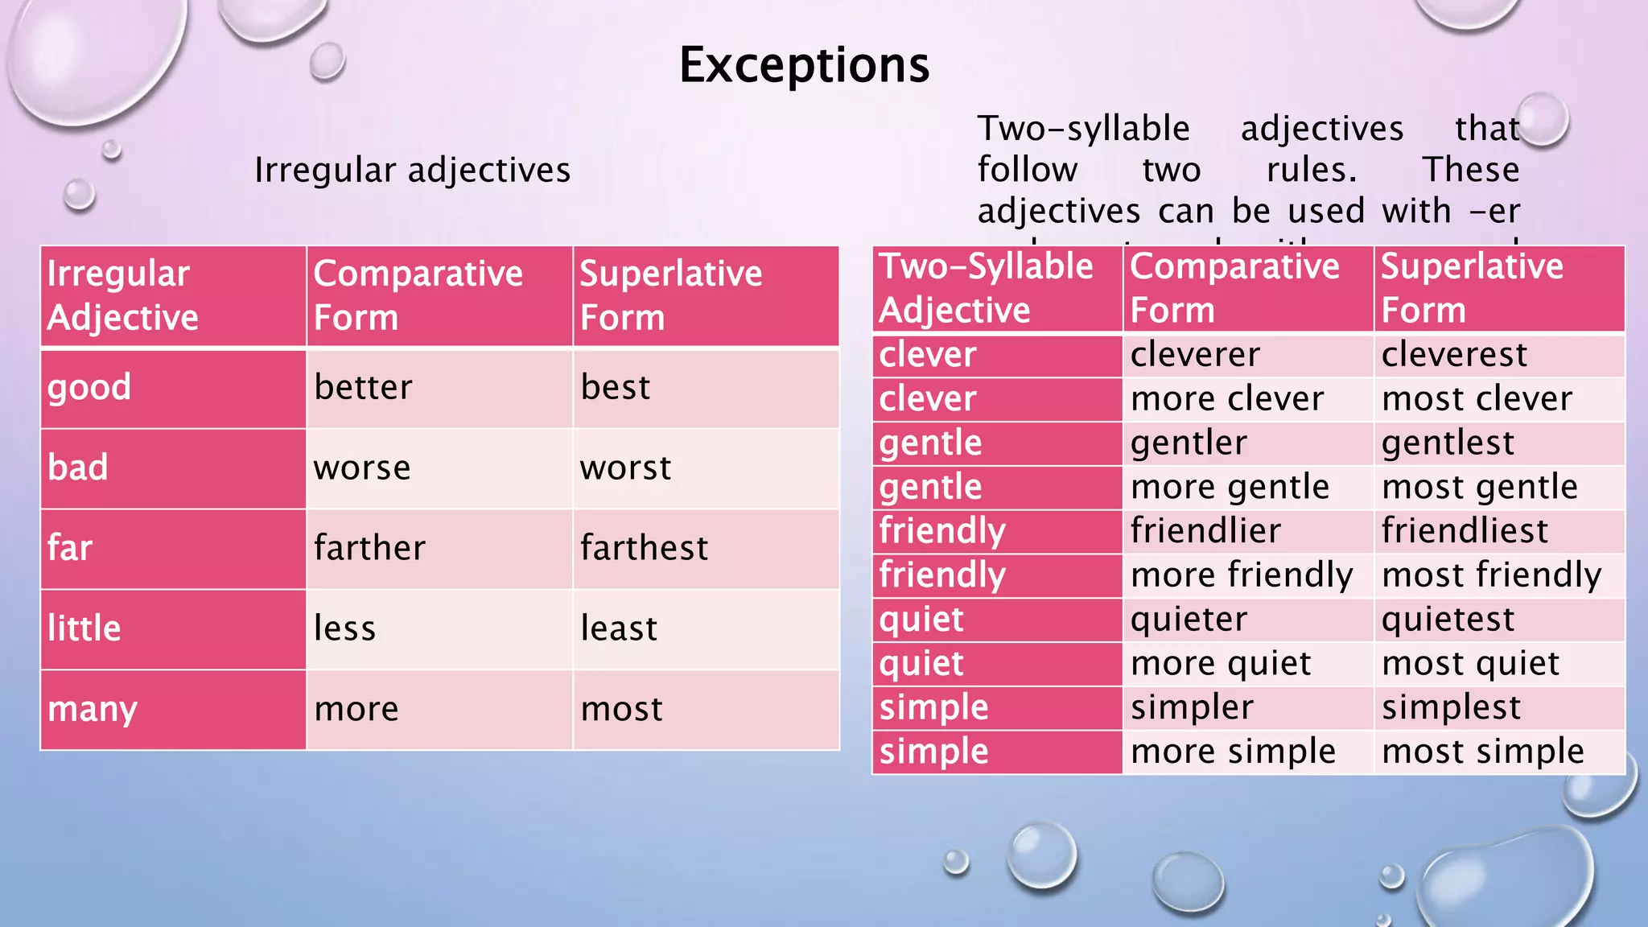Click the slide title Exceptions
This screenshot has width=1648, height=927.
[x=804, y=65]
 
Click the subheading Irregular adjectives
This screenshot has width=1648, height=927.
[x=412, y=171]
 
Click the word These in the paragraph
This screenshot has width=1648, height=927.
[x=1470, y=170]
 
